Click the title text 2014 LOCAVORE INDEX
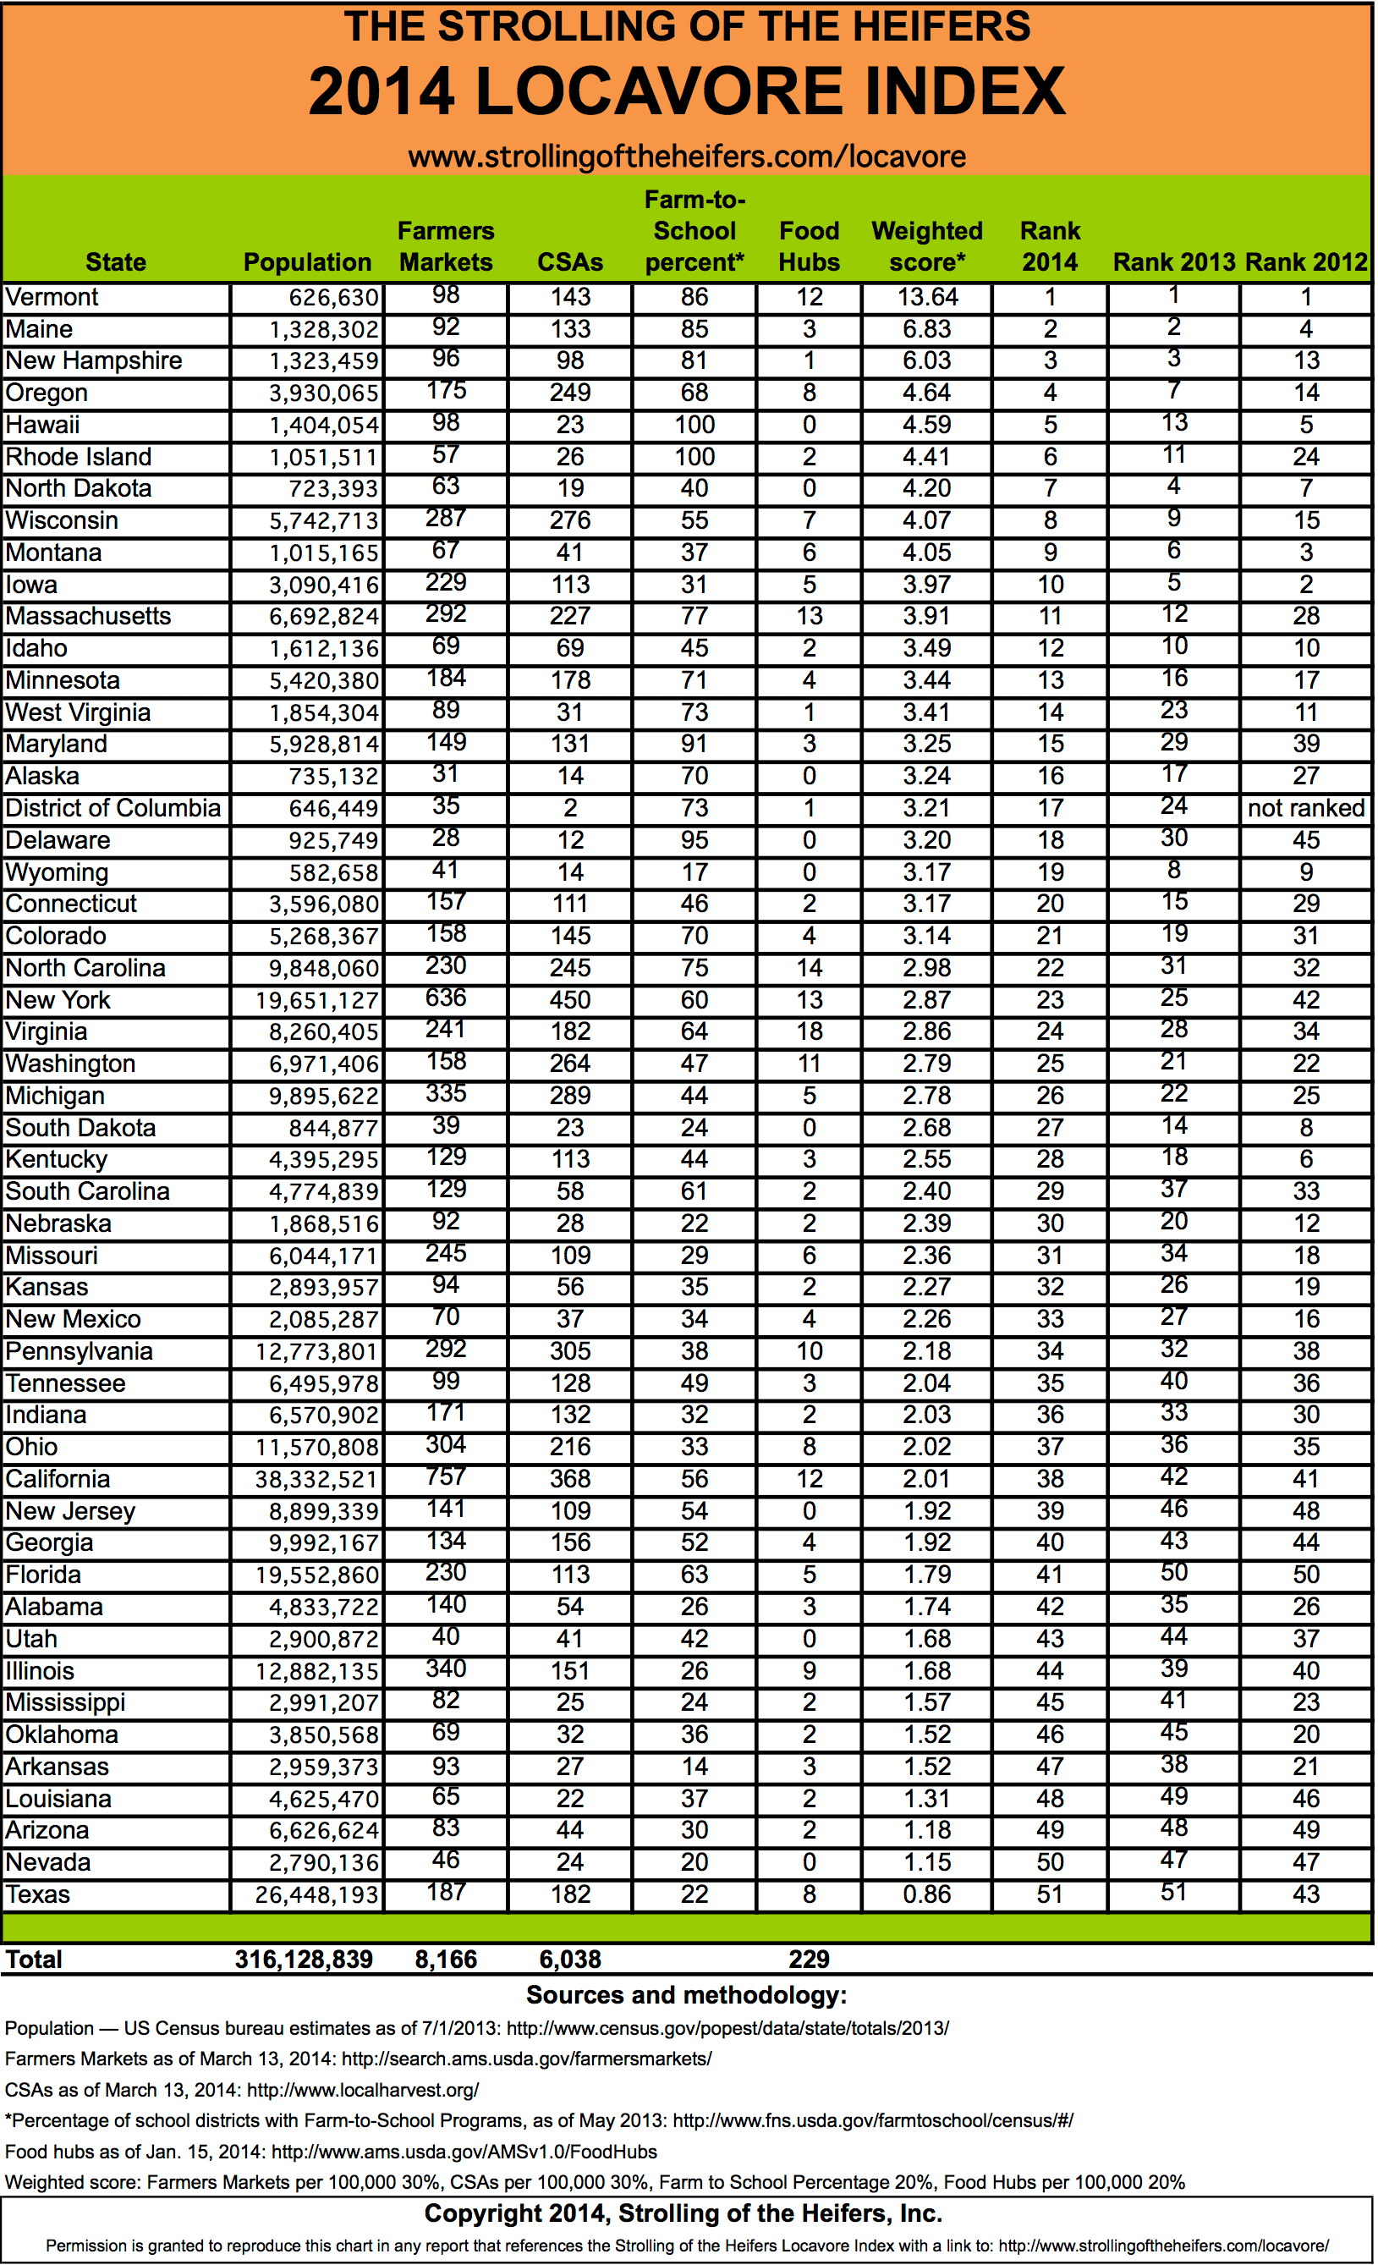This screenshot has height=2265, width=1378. (x=687, y=91)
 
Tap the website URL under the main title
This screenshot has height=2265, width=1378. (x=687, y=157)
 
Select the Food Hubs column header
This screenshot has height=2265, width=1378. (x=809, y=246)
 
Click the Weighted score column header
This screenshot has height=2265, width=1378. (x=926, y=246)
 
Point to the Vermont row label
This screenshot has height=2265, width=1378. (x=52, y=297)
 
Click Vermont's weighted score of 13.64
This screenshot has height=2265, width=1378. (x=926, y=297)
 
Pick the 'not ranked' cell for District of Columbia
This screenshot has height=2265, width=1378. (x=1305, y=808)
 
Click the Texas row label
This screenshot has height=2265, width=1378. (x=38, y=1894)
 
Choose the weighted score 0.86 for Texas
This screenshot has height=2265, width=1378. (x=926, y=1894)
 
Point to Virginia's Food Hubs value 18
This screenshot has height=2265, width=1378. (x=809, y=1031)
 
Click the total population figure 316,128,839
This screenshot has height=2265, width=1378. (x=304, y=1960)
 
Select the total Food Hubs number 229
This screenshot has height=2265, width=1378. (x=809, y=1960)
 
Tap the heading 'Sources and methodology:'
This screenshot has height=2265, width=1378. (x=687, y=1996)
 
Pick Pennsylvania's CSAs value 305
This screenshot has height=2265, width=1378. (x=570, y=1351)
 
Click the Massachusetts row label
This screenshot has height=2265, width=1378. (x=88, y=616)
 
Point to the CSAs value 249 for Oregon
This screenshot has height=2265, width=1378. (x=570, y=393)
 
